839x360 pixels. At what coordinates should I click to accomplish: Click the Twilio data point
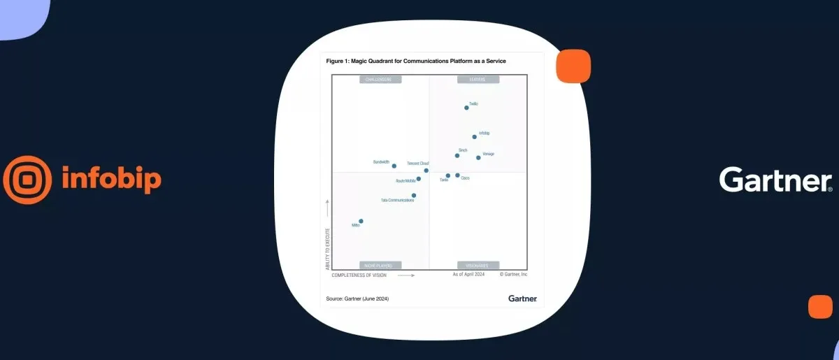click(x=466, y=108)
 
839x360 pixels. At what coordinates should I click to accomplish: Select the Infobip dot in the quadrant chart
click(x=475, y=137)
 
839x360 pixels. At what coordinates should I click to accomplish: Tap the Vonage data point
click(x=478, y=158)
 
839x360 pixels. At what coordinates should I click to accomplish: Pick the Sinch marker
click(x=457, y=155)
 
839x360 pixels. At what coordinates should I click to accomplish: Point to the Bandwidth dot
click(x=394, y=166)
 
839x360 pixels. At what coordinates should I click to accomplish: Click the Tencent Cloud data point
click(x=426, y=171)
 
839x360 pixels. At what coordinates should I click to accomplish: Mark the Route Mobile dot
click(x=419, y=179)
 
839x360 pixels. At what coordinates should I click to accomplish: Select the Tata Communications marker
click(x=414, y=196)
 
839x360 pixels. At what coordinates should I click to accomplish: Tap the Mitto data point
click(x=361, y=221)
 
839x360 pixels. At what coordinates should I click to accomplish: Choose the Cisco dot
click(x=457, y=175)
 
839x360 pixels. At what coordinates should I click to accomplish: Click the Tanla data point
click(x=448, y=176)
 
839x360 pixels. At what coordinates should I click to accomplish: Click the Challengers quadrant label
click(x=380, y=80)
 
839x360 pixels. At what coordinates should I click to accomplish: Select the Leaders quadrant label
click(x=478, y=80)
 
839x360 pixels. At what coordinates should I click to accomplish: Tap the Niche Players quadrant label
click(x=380, y=266)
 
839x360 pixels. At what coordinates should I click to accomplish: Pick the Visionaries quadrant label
click(x=478, y=266)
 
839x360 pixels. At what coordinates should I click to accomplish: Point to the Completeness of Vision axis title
click(x=359, y=275)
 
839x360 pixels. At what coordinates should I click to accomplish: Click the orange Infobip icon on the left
click(x=27, y=180)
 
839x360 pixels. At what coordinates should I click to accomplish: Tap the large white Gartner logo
click(x=775, y=180)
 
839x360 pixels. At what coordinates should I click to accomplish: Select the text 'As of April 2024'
click(x=468, y=275)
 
